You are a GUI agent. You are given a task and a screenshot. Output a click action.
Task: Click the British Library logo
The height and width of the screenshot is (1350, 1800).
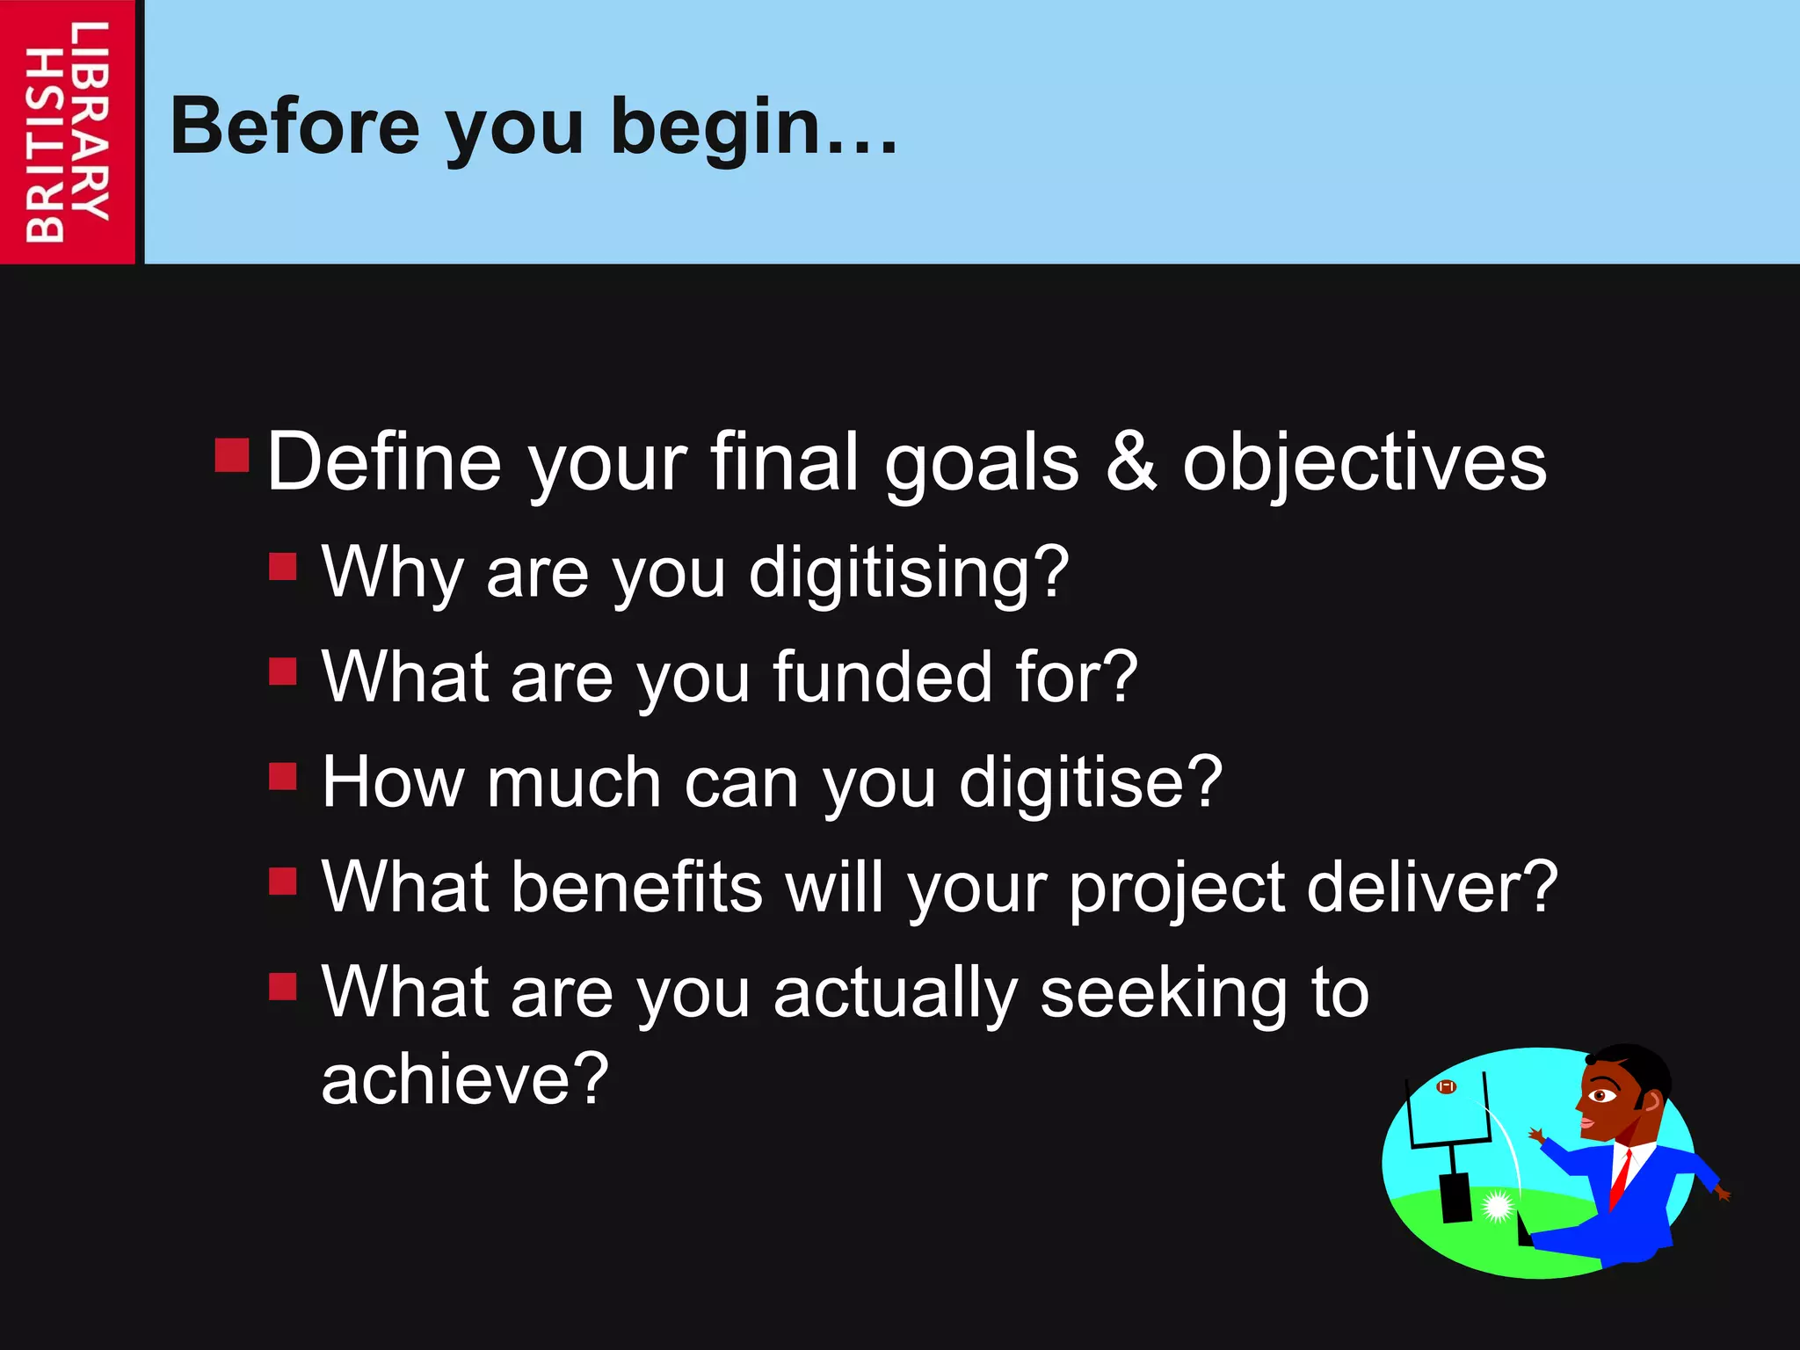point(67,132)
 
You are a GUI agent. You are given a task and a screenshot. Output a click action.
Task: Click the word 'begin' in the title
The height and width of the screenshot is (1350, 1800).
point(716,127)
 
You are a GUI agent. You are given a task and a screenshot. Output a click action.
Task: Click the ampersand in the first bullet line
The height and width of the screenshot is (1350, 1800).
point(1130,463)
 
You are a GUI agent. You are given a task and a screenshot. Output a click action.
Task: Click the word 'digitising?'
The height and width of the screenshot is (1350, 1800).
point(909,573)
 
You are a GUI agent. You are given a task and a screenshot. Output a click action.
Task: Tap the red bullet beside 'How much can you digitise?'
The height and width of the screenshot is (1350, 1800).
point(283,776)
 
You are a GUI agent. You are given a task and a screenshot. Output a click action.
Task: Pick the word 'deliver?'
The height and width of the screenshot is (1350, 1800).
point(1432,887)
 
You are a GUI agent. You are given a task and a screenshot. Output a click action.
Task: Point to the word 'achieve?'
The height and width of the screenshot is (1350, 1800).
point(464,1079)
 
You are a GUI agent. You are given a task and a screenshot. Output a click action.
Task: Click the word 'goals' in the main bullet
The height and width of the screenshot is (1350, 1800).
point(981,463)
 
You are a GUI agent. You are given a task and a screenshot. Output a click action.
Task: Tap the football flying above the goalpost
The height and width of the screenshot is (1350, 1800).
point(1446,1087)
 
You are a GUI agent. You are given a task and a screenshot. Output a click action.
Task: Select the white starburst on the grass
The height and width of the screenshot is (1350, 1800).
point(1497,1206)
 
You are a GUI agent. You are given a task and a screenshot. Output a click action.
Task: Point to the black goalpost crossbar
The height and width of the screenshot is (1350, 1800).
point(1450,1143)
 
